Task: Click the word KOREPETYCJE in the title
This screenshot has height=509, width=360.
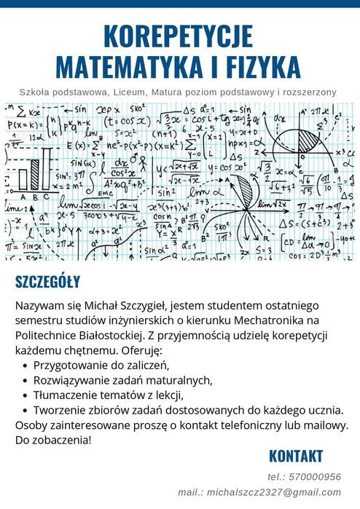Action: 179,36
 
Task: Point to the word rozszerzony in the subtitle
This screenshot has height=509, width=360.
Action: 309,92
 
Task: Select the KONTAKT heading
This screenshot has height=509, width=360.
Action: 295,457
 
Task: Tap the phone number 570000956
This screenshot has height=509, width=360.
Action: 315,476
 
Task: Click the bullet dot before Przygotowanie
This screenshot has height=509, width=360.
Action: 27,366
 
